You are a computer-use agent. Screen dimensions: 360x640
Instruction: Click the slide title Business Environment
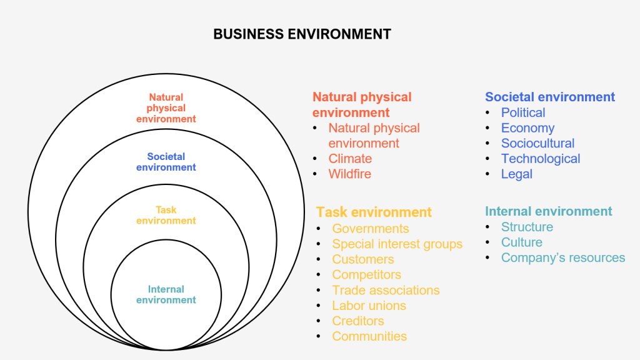tap(302, 34)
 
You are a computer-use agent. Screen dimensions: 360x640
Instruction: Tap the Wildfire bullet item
tap(349, 174)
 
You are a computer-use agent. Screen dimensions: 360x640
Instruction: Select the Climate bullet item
tap(350, 159)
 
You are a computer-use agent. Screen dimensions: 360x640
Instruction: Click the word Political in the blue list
tap(522, 112)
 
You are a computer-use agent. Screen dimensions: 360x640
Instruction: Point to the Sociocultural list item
tap(537, 143)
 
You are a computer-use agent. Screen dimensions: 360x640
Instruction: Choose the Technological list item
tap(540, 159)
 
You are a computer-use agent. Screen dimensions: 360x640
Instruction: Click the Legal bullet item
tap(516, 174)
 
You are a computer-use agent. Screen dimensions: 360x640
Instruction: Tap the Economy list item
tap(527, 128)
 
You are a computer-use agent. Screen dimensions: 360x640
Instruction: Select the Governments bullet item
tap(370, 229)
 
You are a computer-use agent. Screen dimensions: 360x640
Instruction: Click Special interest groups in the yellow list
tap(397, 244)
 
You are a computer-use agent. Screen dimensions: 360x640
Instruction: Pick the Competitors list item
tap(366, 274)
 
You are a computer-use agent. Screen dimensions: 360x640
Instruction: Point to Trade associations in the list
tap(386, 290)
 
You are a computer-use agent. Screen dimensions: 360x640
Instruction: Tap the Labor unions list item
tap(369, 306)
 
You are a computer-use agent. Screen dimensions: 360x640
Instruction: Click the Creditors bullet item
tap(357, 321)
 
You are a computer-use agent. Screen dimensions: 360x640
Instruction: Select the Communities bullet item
tap(369, 336)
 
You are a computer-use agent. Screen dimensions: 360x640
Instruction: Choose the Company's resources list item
tap(562, 257)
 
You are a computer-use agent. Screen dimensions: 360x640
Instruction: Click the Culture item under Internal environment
tap(521, 242)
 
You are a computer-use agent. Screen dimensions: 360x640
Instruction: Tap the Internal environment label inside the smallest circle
tap(166, 294)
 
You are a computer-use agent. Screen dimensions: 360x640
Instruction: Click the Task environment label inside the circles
tap(166, 215)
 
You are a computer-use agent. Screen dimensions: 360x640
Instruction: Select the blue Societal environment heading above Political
tap(550, 97)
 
